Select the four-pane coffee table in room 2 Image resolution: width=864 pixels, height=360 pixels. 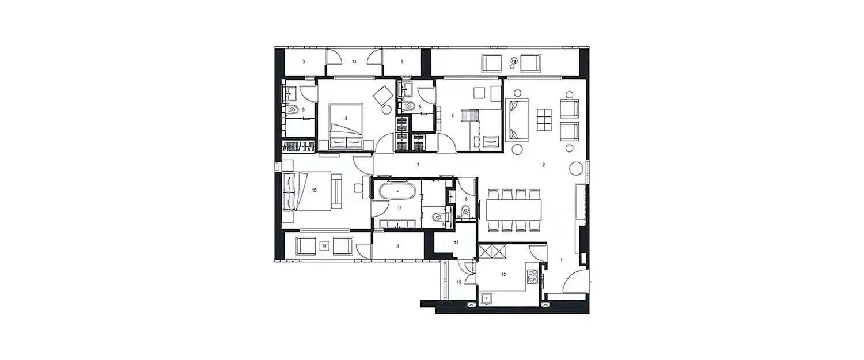544,120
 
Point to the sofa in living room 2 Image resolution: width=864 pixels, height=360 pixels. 517,120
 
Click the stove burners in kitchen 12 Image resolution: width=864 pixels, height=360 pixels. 532,275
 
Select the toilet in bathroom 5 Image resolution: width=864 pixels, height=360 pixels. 410,106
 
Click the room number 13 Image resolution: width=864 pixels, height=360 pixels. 456,242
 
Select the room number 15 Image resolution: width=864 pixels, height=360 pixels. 459,282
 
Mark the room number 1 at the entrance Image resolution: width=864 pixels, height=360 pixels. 561,260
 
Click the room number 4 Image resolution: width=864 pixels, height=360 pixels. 453,116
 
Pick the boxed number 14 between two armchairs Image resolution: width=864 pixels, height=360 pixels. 324,246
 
